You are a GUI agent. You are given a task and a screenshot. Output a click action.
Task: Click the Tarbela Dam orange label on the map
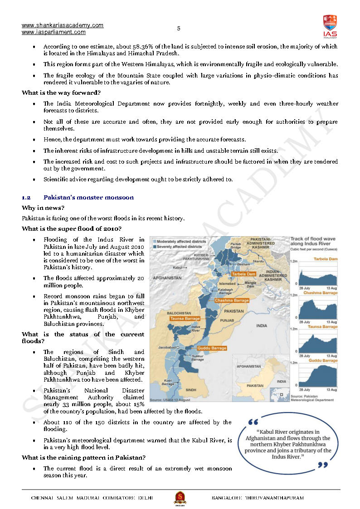coord(244,274)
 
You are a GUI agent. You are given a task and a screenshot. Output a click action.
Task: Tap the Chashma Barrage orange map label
coord(232,301)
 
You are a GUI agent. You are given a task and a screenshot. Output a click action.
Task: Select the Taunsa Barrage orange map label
coord(185,319)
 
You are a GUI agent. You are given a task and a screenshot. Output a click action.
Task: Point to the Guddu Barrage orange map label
coord(212,348)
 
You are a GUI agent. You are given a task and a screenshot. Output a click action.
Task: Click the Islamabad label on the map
coord(227,284)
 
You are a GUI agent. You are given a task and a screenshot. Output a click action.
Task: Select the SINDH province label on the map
coord(191,389)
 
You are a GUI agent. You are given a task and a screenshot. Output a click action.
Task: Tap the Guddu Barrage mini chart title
coord(323,360)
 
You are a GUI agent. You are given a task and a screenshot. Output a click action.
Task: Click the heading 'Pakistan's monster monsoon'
coord(88,198)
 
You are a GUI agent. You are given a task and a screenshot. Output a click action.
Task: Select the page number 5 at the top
coord(179,28)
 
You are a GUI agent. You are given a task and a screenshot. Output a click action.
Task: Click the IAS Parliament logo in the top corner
coord(330,26)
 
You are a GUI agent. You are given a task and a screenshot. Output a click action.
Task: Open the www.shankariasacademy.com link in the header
coord(63,25)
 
